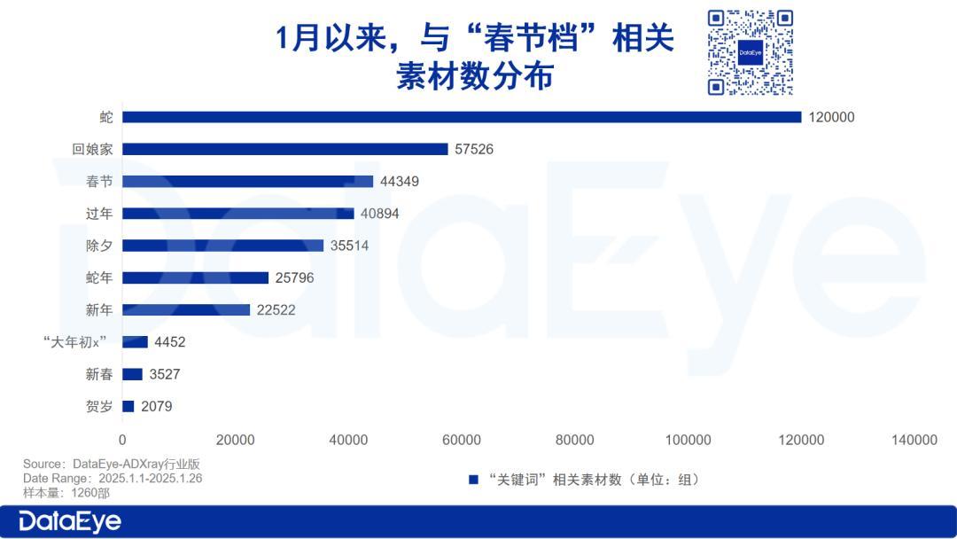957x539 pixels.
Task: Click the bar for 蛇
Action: point(461,117)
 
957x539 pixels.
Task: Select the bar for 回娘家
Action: point(284,149)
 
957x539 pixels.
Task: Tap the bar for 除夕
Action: point(222,246)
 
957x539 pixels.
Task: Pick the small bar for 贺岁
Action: point(128,406)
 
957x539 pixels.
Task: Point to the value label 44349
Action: point(400,182)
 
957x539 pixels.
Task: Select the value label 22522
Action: point(276,310)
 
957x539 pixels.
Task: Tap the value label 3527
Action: point(165,374)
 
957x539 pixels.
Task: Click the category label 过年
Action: point(99,214)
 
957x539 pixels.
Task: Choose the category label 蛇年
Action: point(99,277)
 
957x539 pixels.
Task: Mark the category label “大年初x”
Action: point(74,342)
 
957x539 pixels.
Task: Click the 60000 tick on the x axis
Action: point(462,440)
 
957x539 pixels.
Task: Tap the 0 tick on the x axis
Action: point(122,440)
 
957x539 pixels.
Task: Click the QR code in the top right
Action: point(750,52)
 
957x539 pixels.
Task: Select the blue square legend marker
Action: point(474,480)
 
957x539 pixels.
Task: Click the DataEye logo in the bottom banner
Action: point(70,521)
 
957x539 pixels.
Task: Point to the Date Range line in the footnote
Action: point(113,478)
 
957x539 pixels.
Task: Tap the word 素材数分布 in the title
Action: point(475,76)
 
